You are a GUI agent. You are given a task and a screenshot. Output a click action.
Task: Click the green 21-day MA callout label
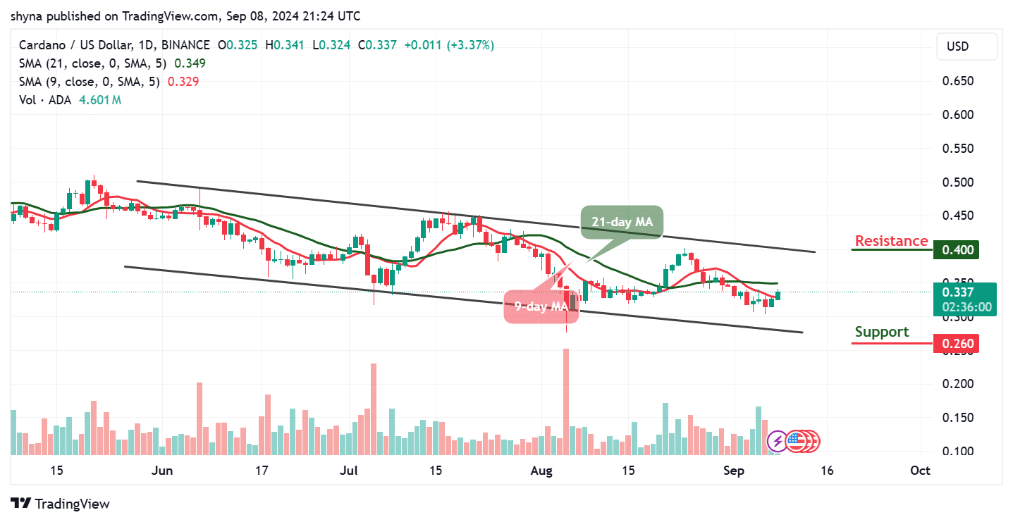pos(622,222)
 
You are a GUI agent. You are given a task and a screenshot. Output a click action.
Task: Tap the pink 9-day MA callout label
pos(541,307)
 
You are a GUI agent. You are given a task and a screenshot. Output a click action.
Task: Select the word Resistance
pos(891,241)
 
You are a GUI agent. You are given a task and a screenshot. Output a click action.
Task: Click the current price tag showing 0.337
pos(963,292)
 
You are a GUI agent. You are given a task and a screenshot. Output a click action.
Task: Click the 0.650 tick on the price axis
pos(958,81)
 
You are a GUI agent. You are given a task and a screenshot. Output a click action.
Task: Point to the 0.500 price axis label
pos(958,182)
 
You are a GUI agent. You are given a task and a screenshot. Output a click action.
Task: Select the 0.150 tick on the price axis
pos(958,418)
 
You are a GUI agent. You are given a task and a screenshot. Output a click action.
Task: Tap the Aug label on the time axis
pos(543,471)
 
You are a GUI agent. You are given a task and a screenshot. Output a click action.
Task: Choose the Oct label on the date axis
pos(919,471)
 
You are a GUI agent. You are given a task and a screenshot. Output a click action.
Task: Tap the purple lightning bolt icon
pos(778,442)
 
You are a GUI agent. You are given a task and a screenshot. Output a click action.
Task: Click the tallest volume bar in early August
pos(565,401)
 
